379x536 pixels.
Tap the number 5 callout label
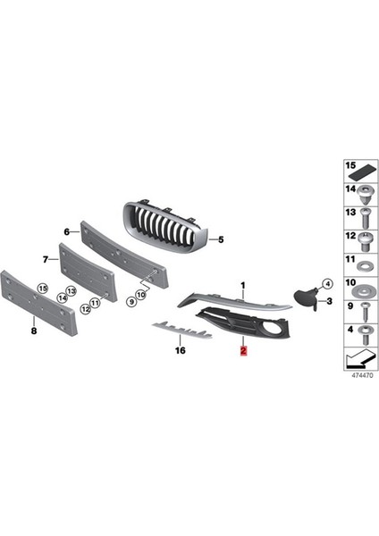click(x=223, y=239)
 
